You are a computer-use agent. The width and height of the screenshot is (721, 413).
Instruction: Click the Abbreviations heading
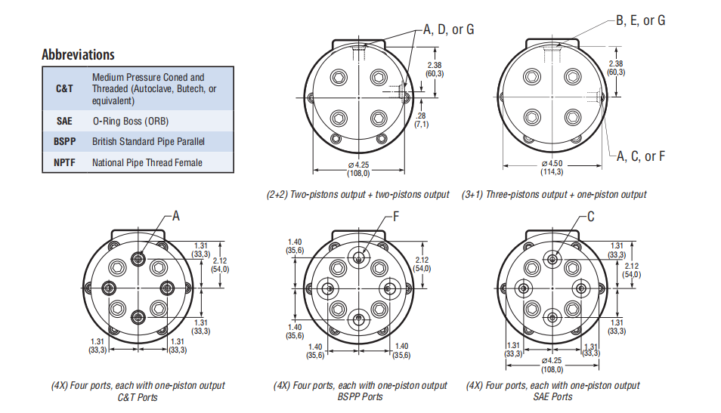point(79,54)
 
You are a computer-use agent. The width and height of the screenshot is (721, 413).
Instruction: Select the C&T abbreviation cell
point(65,88)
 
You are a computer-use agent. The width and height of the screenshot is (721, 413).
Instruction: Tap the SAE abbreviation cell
point(64,121)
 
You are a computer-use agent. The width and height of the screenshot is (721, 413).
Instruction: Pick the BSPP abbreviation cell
point(65,141)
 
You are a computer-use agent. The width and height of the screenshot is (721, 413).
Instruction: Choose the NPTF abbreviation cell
point(65,162)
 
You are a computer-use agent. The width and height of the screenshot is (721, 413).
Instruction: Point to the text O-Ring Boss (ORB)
point(130,121)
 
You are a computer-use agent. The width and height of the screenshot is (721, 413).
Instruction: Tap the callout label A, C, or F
point(640,156)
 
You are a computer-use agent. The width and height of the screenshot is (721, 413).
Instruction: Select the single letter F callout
point(396,217)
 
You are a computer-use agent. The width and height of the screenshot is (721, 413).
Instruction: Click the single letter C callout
point(591,217)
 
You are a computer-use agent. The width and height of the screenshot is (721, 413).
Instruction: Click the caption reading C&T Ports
point(138,397)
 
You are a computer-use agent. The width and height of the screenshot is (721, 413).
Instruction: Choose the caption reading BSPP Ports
point(359,397)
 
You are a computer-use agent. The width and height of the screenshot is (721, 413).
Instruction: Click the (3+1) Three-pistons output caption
point(554,195)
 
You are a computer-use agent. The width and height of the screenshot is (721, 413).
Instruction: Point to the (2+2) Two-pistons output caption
point(357,195)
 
